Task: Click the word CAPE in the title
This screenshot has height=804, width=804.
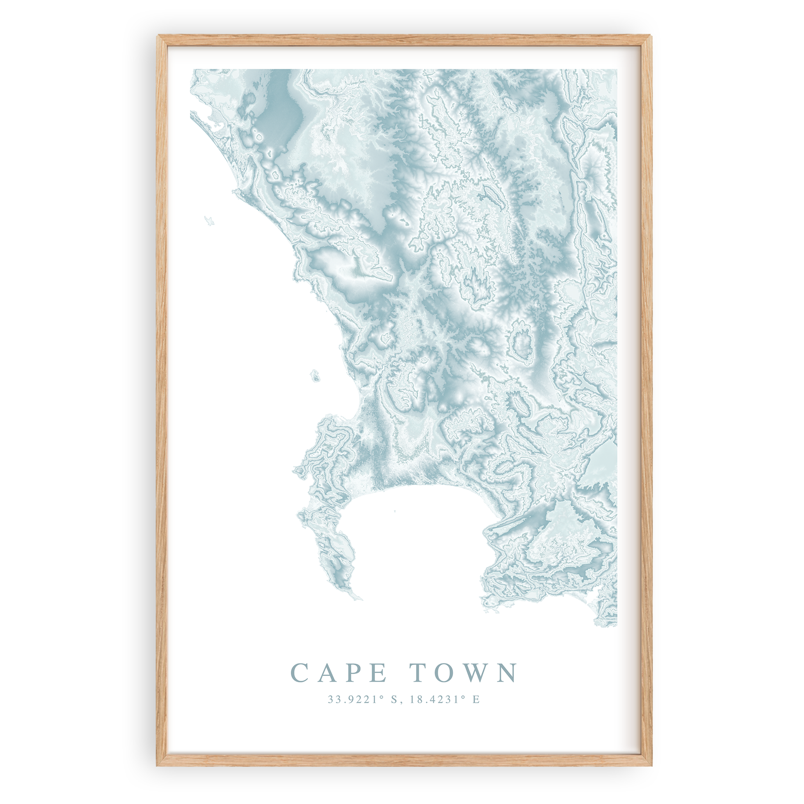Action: click(338, 673)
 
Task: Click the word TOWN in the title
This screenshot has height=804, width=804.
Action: click(463, 673)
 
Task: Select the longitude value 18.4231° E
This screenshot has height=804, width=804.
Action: click(445, 699)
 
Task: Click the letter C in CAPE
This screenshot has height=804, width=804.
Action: click(298, 673)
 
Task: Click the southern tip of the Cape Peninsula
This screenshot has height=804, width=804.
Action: click(360, 599)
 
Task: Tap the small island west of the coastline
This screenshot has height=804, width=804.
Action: click(315, 377)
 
